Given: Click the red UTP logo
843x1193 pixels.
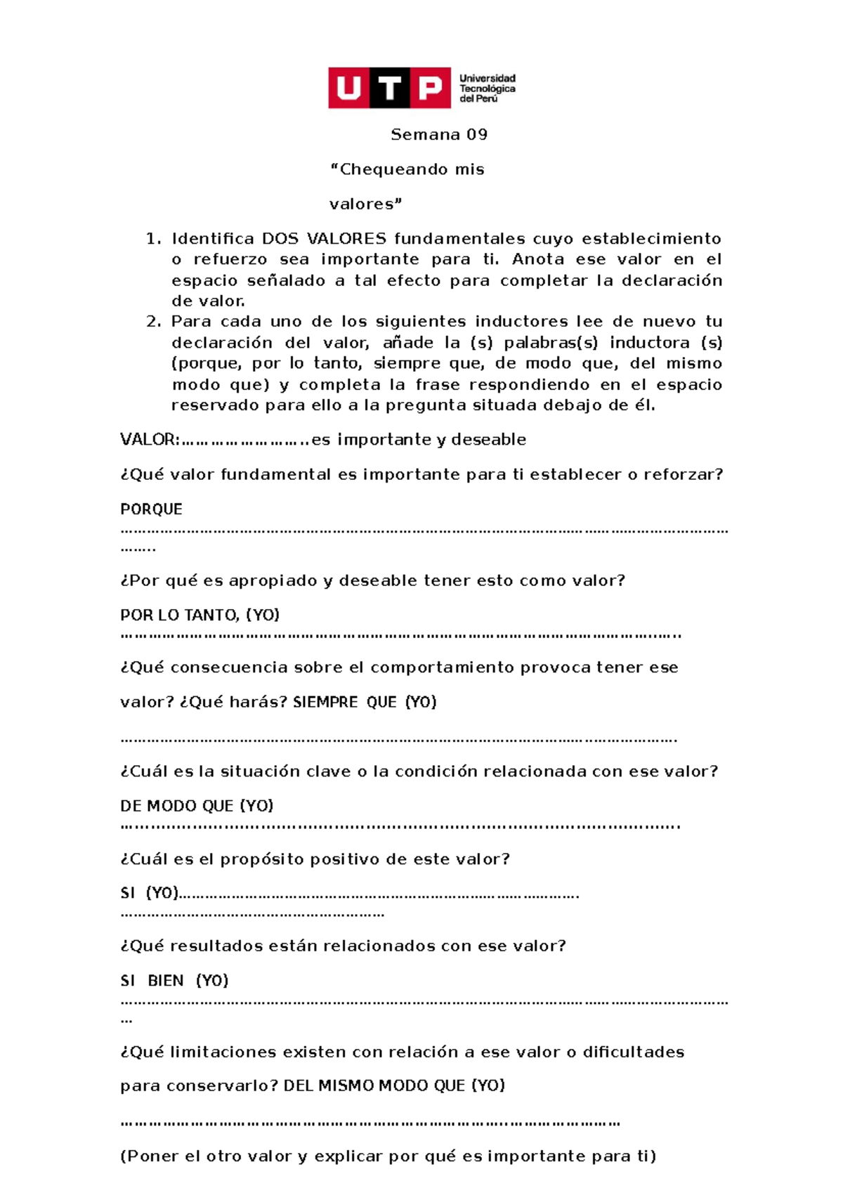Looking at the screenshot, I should point(389,89).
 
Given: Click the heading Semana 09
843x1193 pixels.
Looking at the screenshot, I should point(439,134).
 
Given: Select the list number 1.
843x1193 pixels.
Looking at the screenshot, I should point(153,239).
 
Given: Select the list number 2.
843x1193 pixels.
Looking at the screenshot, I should point(153,322).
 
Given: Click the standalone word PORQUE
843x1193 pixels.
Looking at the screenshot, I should point(151,509).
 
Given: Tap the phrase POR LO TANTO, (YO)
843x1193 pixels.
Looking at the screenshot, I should point(200,615).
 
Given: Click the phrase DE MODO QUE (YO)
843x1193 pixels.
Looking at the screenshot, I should point(197,806).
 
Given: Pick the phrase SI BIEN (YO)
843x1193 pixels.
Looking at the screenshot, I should point(174,981).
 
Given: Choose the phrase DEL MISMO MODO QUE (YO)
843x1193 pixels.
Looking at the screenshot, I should point(394,1086).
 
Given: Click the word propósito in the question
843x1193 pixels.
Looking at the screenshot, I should point(262,859).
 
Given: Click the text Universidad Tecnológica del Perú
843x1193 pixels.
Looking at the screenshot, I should point(488,89).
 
